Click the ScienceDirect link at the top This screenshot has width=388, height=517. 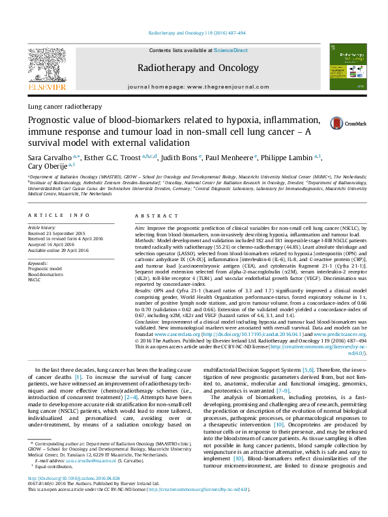[x=231, y=50]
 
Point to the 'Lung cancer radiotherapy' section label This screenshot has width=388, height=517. [x=65, y=106]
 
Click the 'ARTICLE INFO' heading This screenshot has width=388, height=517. [x=57, y=216]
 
